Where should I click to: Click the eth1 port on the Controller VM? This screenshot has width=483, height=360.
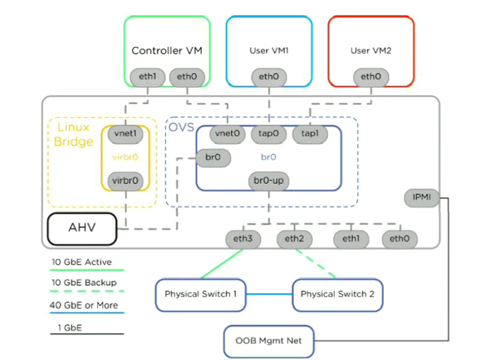(x=148, y=77)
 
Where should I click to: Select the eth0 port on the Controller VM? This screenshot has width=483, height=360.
(x=187, y=77)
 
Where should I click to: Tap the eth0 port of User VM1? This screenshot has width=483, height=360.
(x=269, y=77)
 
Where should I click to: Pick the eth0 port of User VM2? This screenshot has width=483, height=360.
(x=371, y=77)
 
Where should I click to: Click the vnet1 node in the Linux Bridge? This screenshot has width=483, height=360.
(x=125, y=134)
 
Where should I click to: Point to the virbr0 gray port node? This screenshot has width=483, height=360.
(x=125, y=181)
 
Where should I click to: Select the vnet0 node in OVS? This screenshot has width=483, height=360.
(x=227, y=134)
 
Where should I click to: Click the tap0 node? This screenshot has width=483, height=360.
(x=269, y=134)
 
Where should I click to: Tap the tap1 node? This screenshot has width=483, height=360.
(x=310, y=134)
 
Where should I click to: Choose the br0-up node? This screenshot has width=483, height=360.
(x=269, y=181)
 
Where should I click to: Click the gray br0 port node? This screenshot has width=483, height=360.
(x=213, y=158)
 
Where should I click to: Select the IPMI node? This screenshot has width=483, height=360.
(x=422, y=198)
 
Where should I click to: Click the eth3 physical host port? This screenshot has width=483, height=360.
(x=243, y=239)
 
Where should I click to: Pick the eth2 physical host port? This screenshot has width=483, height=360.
(x=294, y=239)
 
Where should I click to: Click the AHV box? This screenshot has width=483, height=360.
(x=82, y=229)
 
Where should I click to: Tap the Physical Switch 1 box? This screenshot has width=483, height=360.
(x=200, y=295)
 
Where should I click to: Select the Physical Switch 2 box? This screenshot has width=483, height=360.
(x=338, y=295)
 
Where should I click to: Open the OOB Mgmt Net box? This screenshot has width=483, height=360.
(x=269, y=342)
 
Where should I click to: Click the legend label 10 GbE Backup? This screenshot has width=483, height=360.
(x=84, y=283)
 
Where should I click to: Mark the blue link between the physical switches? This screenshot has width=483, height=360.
(x=269, y=294)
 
